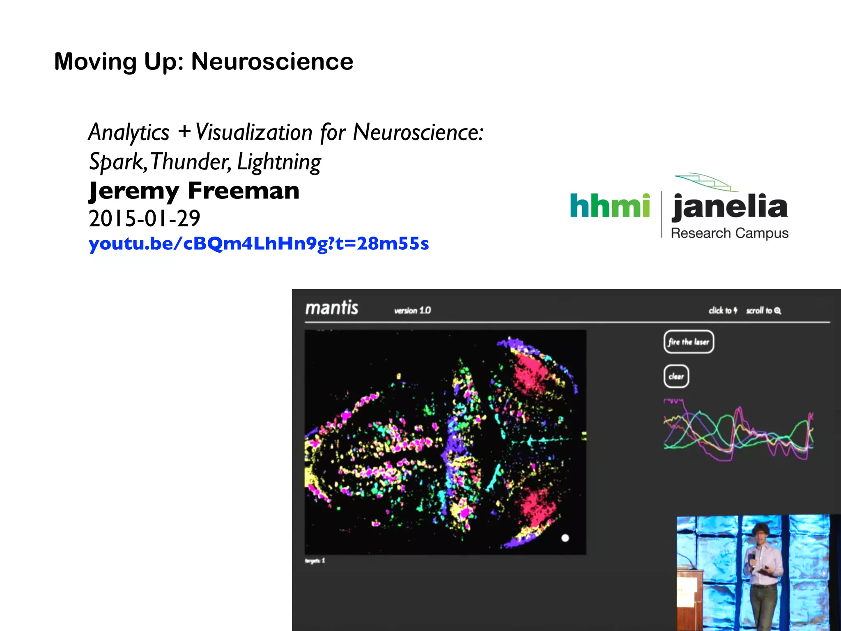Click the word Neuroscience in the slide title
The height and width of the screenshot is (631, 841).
[272, 62]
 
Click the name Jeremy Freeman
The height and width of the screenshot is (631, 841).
[194, 191]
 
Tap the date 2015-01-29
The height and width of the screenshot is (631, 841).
[145, 219]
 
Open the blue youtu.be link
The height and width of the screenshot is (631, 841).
[259, 244]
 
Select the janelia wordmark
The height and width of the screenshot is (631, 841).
[730, 207]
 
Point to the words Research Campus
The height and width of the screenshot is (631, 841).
[729, 233]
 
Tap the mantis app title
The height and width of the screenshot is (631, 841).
[332, 308]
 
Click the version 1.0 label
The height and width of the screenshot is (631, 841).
[412, 311]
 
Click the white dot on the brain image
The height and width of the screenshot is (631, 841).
[565, 538]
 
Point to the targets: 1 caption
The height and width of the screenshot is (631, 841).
[315, 561]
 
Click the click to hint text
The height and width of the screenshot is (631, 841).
[723, 311]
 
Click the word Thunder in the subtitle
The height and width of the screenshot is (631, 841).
[191, 162]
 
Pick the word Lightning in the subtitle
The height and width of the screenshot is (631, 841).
[279, 162]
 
